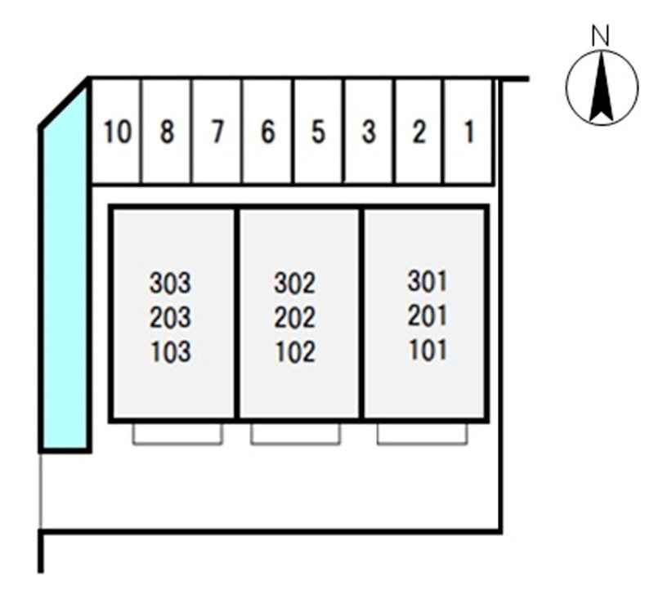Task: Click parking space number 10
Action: pos(115,132)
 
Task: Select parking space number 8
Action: pos(167,132)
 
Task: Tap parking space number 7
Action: pos(217,132)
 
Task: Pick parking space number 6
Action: pos(267,132)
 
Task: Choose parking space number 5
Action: pos(319,132)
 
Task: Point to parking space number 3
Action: pos(370,132)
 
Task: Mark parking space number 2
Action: pos(419,132)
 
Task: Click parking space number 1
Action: pos(468,132)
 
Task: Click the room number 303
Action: pos(170,283)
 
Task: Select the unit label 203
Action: pos(170,317)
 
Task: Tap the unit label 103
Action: pos(170,351)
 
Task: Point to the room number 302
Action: pos(294,283)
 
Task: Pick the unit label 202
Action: pos(294,317)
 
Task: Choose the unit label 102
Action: pos(294,351)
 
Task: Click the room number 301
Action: pos(427,281)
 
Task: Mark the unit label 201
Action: pos(427,315)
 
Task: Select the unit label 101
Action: pos(427,349)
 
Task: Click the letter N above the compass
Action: pos(601,35)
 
